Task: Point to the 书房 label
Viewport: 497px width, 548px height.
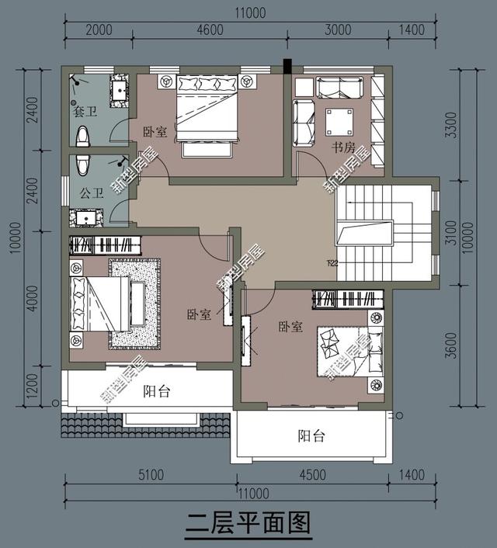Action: [x=344, y=147]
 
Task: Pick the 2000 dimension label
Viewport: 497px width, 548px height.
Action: [x=99, y=30]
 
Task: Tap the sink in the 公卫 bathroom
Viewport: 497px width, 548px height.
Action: [x=85, y=217]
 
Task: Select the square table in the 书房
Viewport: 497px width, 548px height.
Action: [x=339, y=122]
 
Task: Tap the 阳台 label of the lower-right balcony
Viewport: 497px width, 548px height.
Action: [x=311, y=436]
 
